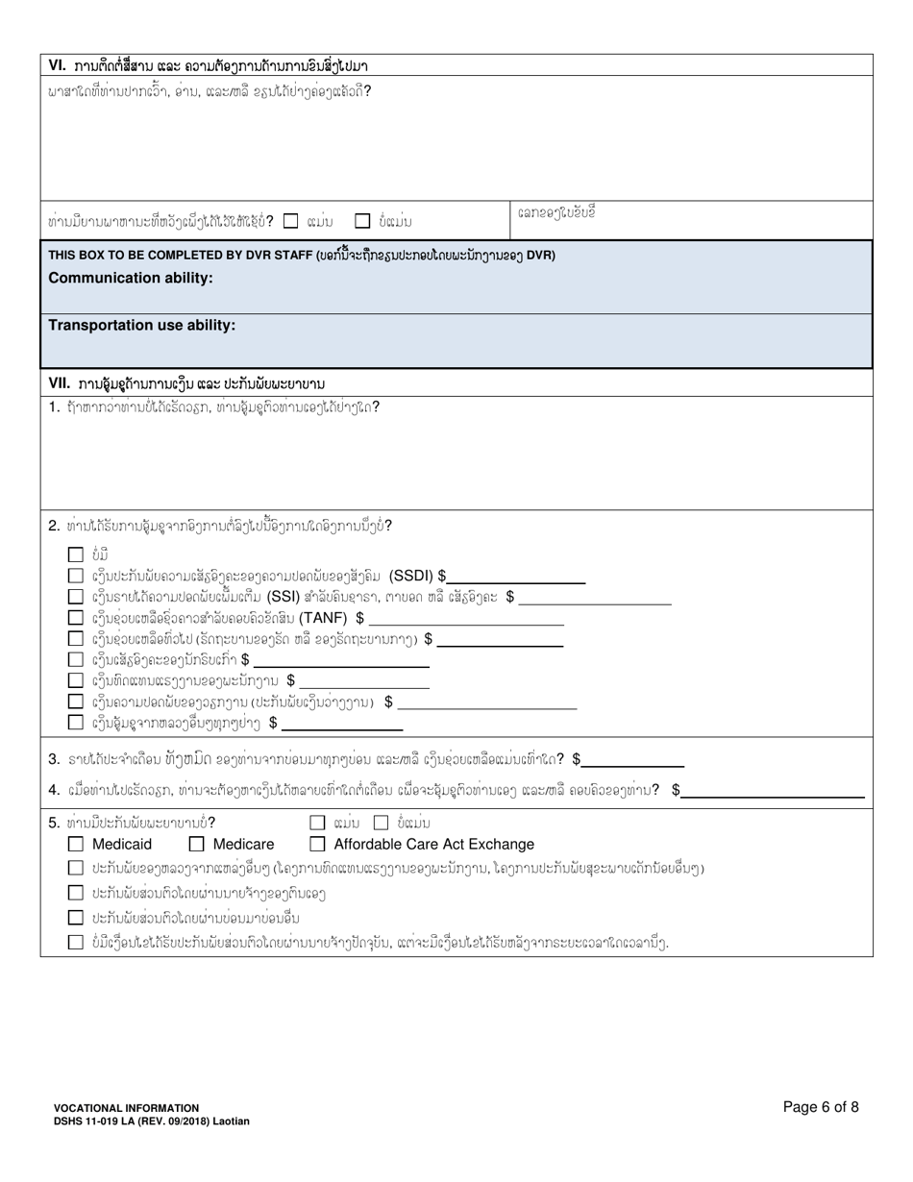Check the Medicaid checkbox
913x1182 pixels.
click(x=76, y=845)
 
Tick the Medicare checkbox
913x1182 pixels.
click(x=196, y=845)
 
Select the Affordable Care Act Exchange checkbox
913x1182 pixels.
click(x=317, y=845)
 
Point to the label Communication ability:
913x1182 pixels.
click(x=131, y=278)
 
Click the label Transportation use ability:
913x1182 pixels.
click(x=142, y=326)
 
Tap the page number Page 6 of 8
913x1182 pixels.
click(x=821, y=1107)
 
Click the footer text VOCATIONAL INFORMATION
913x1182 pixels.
click(x=127, y=1108)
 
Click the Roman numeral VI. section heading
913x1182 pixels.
click(x=58, y=66)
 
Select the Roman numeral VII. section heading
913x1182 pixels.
click(x=60, y=383)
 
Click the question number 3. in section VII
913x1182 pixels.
click(x=55, y=759)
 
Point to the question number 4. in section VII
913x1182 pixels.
click(x=55, y=790)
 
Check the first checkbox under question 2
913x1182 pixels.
click(x=76, y=554)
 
